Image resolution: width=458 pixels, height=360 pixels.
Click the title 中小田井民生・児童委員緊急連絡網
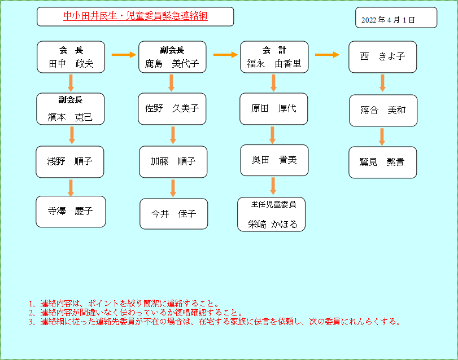tap(135, 16)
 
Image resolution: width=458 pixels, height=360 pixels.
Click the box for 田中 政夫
tap(71, 57)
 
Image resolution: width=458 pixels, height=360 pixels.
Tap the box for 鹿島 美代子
tap(172, 57)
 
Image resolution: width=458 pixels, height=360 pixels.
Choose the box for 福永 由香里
tap(274, 57)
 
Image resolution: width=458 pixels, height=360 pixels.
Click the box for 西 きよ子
tap(382, 56)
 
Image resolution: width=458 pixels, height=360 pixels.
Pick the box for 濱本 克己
tap(71, 109)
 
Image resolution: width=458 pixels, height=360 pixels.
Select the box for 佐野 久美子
tap(172, 108)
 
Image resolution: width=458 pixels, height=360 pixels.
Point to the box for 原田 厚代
tap(274, 108)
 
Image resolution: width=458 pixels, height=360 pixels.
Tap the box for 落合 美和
tap(382, 109)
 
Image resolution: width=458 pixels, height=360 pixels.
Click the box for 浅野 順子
tap(71, 162)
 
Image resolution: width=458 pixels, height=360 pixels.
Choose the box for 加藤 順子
tap(173, 161)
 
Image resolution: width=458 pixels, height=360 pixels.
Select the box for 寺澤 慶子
tap(71, 211)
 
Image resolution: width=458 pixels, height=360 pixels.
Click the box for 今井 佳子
tap(173, 214)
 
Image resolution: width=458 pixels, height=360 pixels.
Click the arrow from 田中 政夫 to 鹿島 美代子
tap(124, 55)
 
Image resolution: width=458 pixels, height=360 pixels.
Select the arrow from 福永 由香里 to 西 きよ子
tap(327, 55)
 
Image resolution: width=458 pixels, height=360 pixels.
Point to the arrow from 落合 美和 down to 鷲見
tap(382, 136)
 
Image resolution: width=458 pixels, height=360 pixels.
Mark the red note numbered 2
tap(136, 313)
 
